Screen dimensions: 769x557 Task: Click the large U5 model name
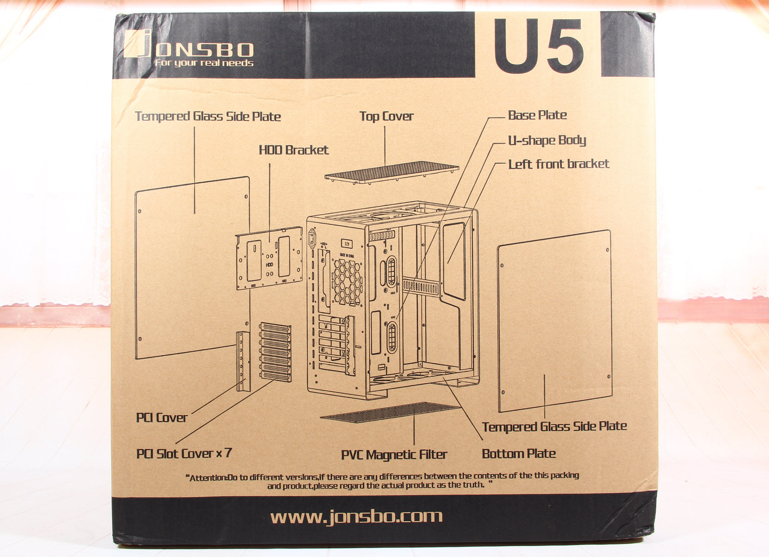539,46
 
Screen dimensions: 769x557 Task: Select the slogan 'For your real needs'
204,63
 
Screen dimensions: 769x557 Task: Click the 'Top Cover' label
386,117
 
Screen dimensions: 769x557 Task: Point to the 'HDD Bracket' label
293,150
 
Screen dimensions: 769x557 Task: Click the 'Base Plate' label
537,115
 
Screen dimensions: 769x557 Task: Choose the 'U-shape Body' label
547,141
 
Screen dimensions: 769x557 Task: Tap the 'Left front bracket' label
559,164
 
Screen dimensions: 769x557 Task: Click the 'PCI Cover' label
162,417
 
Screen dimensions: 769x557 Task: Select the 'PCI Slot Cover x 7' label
184,453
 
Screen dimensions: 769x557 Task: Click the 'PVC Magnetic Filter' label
394,455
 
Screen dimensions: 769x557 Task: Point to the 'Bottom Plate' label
519,453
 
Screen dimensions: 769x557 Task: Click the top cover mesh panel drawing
392,173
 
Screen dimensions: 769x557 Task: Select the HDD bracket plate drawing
269,258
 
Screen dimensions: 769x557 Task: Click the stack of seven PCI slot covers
275,352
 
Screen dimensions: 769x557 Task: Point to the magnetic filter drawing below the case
389,412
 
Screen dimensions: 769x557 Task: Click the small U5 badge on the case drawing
347,244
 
